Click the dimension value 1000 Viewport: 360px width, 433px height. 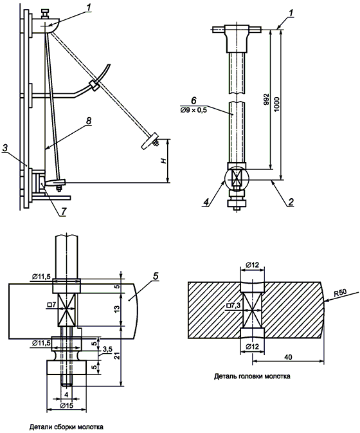coord(276,104)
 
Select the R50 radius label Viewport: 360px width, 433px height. coord(341,293)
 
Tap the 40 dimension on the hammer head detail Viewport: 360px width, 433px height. coord(288,357)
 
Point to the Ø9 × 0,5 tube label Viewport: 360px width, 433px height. coord(194,111)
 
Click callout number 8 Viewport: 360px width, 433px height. coord(89,121)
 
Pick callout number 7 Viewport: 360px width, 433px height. coord(64,211)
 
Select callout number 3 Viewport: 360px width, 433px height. coord(5,148)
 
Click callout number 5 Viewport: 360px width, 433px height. coord(156,276)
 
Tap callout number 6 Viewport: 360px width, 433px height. coord(194,101)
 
